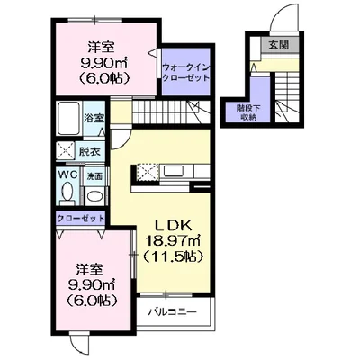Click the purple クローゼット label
tap(80, 218)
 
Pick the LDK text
tap(168, 223)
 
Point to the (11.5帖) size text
tap(168, 255)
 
